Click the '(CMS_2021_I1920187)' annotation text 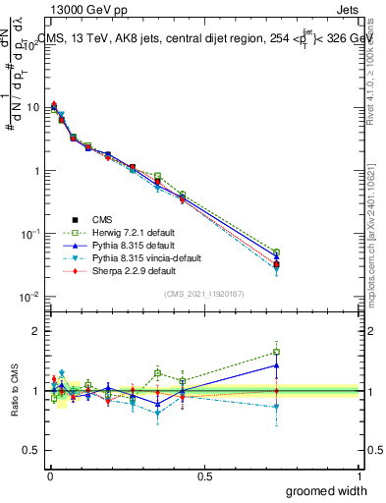point(203,294)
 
